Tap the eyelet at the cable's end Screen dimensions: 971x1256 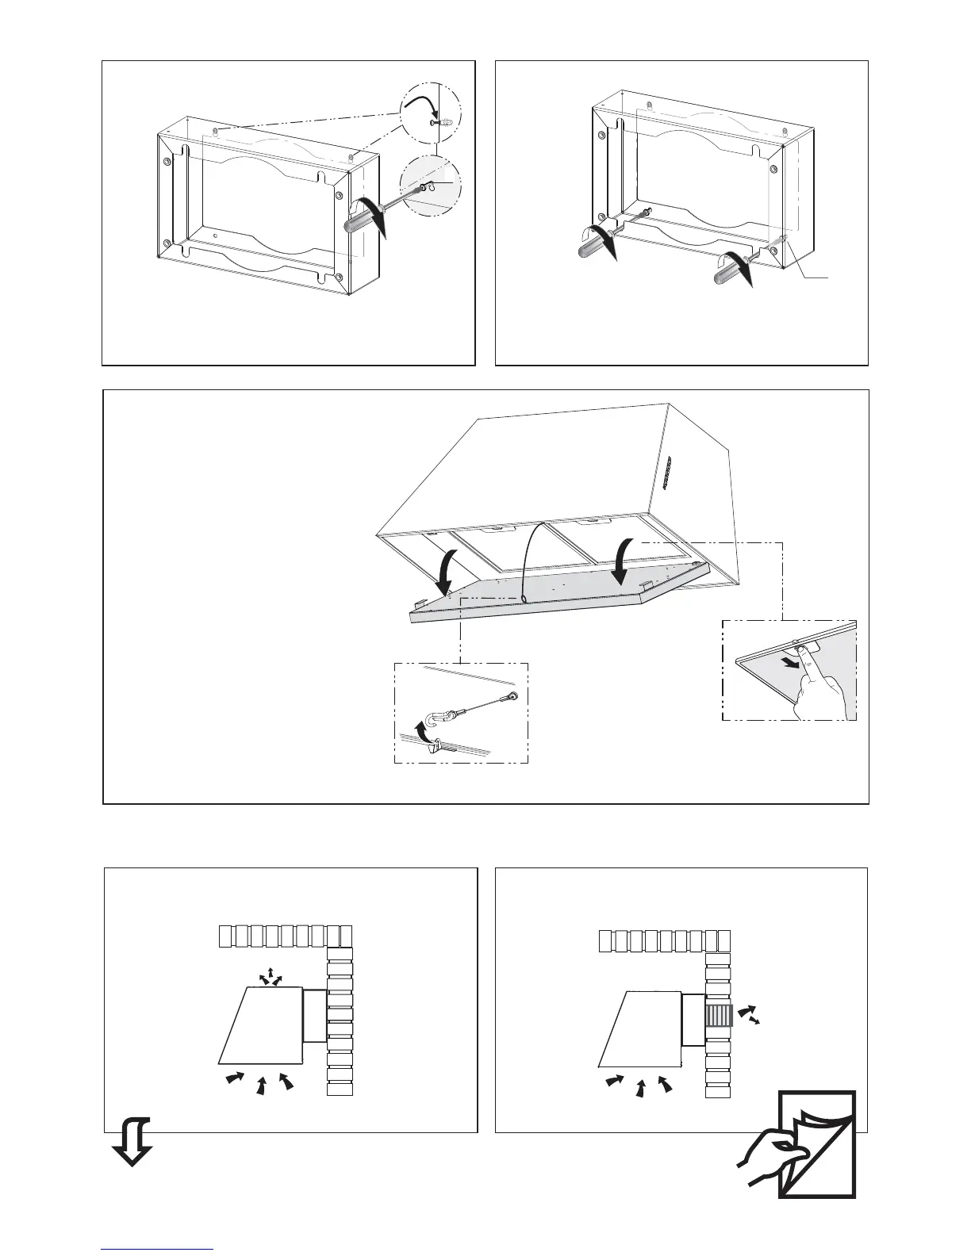pos(514,696)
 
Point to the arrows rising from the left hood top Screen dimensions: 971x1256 pos(271,977)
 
